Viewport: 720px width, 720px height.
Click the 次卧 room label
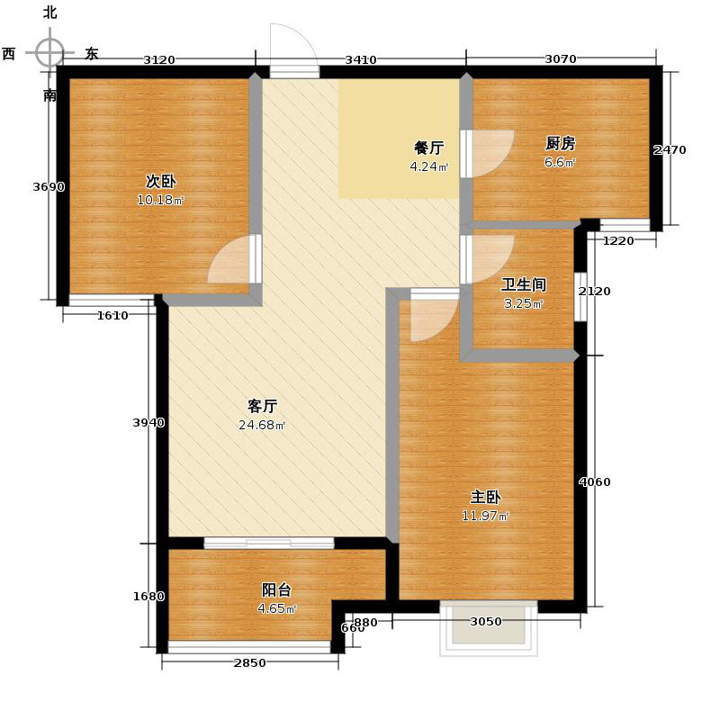click(x=161, y=182)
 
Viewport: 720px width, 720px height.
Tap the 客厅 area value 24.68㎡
click(x=262, y=425)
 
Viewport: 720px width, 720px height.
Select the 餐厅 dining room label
click(x=429, y=148)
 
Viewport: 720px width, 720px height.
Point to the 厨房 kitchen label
click(x=560, y=144)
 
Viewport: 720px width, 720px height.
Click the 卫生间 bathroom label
click(x=524, y=284)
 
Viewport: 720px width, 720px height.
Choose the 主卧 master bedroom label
click(x=485, y=498)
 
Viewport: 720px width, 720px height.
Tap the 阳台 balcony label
click(x=276, y=590)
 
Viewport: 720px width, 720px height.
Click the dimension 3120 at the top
click(x=159, y=59)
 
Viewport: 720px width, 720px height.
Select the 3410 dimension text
click(x=361, y=59)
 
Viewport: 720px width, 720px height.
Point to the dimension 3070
click(x=561, y=58)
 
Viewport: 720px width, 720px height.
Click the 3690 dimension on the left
click(x=49, y=187)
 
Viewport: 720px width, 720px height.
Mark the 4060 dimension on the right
click(x=595, y=482)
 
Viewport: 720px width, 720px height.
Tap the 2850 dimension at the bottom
click(x=250, y=663)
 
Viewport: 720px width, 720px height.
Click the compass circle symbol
click(x=49, y=52)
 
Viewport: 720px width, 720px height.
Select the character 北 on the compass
click(x=50, y=13)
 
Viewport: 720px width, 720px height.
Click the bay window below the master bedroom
click(x=489, y=628)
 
